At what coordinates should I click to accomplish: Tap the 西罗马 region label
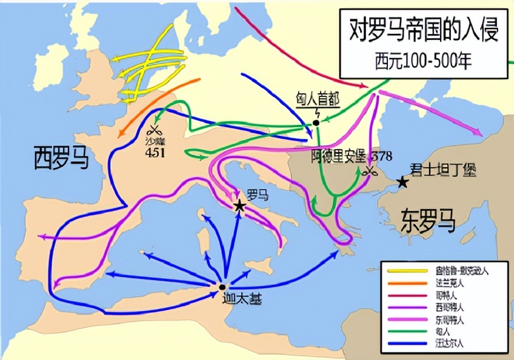[x=61, y=159]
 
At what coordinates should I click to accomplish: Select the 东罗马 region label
[x=427, y=222]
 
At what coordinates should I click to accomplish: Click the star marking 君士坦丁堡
[x=401, y=181]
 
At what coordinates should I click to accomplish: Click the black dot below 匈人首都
[x=316, y=123]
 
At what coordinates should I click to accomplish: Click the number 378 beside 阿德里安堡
[x=382, y=155]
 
